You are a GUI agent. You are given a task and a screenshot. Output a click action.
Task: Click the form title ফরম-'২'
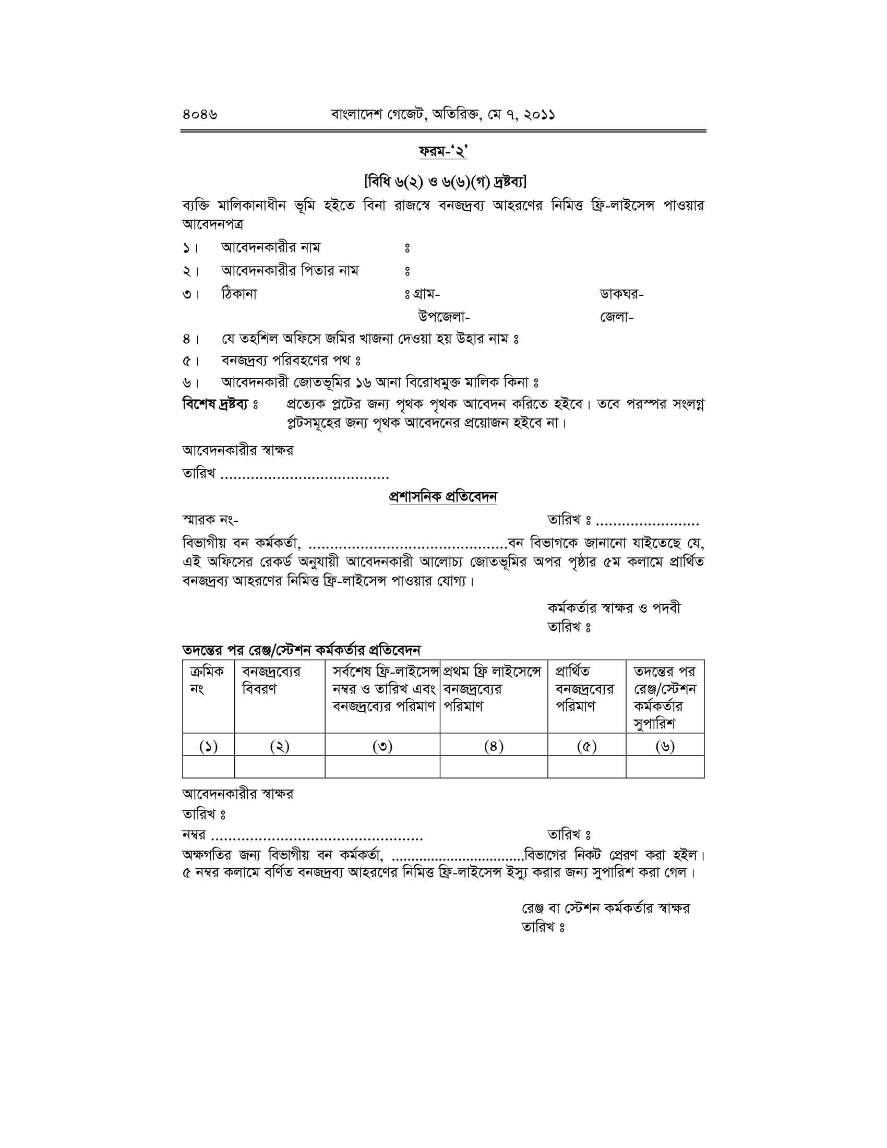443,152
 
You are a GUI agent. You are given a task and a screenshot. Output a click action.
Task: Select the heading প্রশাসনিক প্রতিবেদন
443,497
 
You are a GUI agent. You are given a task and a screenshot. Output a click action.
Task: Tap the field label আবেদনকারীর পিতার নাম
290,271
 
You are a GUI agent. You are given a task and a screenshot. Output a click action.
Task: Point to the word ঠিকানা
239,294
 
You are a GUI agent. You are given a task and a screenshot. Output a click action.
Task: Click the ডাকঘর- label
621,294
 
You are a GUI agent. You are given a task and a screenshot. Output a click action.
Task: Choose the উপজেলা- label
443,317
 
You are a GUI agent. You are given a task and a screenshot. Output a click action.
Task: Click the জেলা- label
616,317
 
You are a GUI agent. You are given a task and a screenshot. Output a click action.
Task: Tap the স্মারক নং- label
210,520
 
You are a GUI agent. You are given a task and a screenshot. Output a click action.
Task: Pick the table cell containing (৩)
382,746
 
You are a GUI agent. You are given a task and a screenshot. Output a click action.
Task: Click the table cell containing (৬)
665,746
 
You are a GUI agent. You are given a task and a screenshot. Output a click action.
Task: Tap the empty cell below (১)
208,767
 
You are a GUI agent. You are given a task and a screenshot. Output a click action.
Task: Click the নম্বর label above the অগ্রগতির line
195,834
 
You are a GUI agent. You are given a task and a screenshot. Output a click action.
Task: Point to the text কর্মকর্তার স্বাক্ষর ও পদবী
614,608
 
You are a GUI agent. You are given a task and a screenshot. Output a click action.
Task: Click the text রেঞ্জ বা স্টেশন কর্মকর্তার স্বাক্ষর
605,908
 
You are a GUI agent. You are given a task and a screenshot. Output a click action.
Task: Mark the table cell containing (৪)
494,746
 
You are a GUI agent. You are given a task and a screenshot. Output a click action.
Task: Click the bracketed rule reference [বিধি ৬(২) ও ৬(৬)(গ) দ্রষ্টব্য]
445,182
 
